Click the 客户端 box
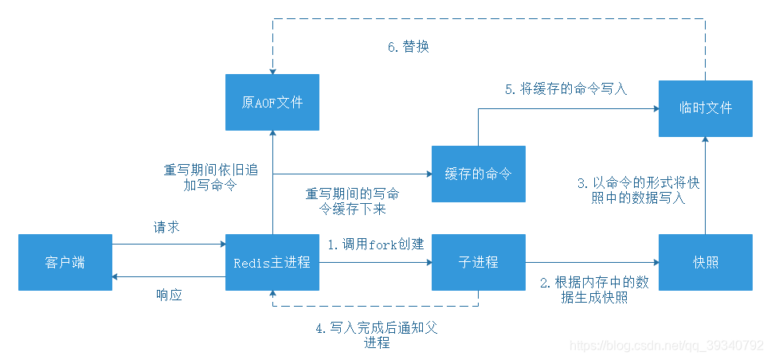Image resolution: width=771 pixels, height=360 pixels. tap(65, 262)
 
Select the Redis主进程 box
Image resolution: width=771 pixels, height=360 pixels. tap(272, 262)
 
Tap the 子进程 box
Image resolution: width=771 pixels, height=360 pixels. tap(478, 262)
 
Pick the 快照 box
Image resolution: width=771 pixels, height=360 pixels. tap(705, 262)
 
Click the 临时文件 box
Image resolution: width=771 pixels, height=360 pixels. tap(705, 108)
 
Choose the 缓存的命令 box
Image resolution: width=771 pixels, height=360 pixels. tap(478, 174)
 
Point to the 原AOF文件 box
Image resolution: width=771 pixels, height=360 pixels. tap(272, 102)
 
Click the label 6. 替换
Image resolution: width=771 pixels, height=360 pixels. tap(409, 47)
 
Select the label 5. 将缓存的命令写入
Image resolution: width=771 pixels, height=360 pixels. tap(566, 89)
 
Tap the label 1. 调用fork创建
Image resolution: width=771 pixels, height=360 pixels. tap(376, 245)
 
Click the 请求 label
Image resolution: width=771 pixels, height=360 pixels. tap(166, 227)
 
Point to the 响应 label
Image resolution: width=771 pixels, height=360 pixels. tap(169, 295)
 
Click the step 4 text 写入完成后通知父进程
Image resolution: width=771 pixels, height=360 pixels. tap(376, 335)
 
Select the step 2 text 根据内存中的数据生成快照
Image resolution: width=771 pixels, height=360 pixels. tap(593, 290)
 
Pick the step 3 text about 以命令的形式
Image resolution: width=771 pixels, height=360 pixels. tap(638, 190)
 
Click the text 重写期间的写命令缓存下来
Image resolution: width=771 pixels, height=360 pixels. tap(353, 202)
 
